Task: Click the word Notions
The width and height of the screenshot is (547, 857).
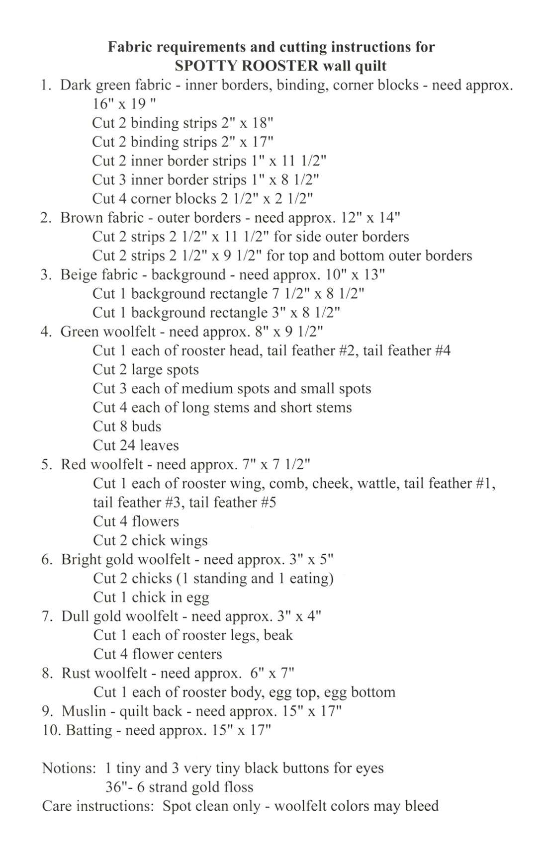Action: (x=69, y=768)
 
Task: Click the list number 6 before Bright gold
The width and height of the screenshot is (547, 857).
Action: (x=46, y=559)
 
